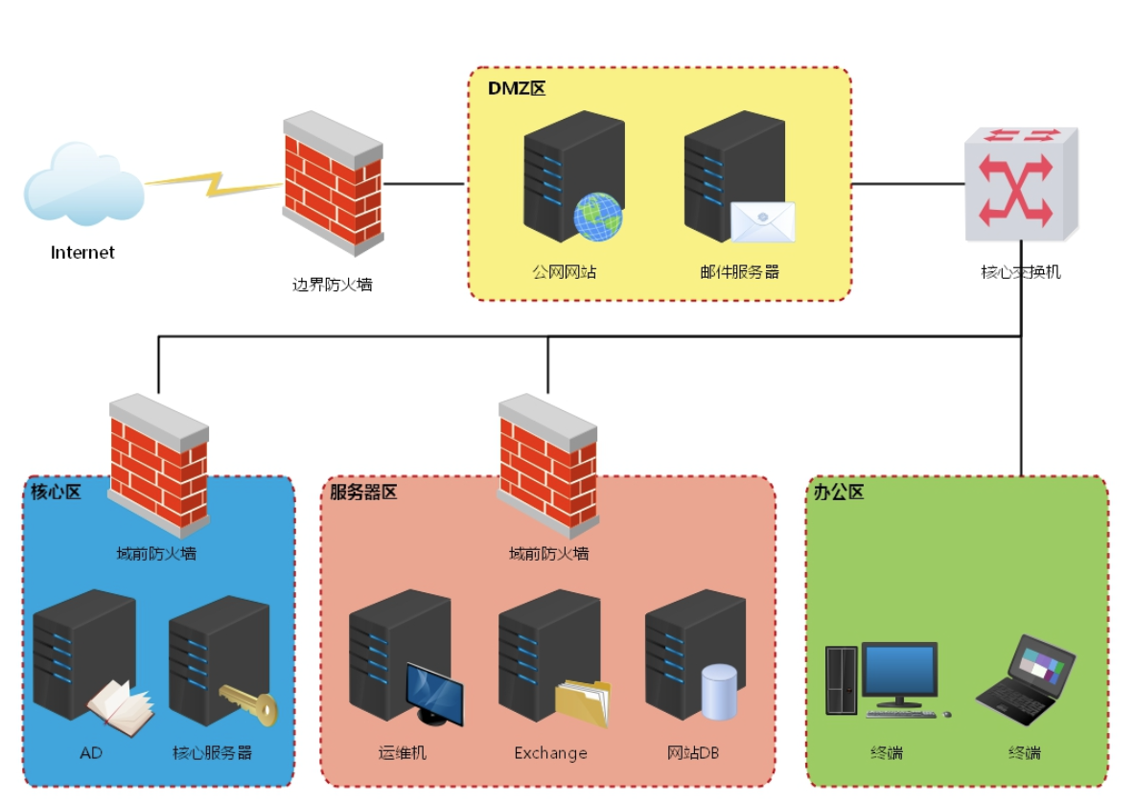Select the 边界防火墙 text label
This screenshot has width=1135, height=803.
[333, 284]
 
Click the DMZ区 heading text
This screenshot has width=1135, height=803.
[517, 89]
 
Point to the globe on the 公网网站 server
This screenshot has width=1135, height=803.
[597, 217]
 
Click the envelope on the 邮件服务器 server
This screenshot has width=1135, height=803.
[763, 222]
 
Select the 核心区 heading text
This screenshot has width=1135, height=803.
[56, 493]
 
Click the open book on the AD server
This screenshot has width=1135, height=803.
[120, 704]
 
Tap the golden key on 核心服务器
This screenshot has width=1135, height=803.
[248, 705]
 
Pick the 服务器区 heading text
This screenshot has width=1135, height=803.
[363, 493]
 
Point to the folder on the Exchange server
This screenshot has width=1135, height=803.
[582, 703]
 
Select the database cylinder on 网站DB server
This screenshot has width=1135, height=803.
[719, 692]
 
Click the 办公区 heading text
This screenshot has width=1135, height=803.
[839, 493]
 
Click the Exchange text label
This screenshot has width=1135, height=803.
[550, 753]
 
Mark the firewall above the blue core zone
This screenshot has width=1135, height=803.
[158, 464]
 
